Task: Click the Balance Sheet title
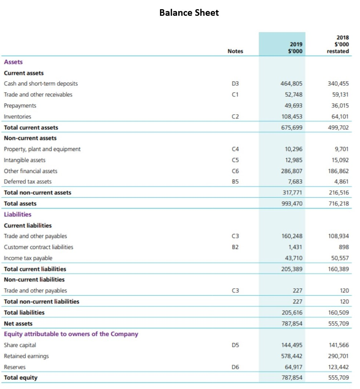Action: [189, 13]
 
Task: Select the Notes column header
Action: [235, 51]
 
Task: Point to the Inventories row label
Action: [18, 116]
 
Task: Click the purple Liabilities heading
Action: [18, 214]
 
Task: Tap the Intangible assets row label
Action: [25, 160]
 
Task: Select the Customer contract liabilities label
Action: [39, 247]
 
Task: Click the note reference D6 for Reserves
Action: [236, 367]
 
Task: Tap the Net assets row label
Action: [18, 324]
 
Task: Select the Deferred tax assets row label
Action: [28, 181]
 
